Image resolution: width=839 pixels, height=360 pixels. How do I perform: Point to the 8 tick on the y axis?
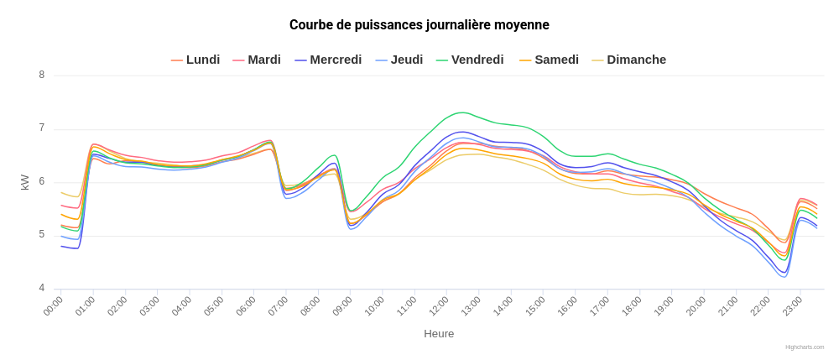41,76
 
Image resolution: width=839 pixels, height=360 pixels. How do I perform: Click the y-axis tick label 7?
41,129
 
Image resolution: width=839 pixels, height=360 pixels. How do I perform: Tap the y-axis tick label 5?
41,236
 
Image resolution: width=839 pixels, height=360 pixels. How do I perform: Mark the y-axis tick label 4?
41,290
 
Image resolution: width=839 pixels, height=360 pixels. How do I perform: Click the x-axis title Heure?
439,334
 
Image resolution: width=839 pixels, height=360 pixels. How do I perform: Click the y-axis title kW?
25,182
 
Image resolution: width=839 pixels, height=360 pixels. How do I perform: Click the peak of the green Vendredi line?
461,112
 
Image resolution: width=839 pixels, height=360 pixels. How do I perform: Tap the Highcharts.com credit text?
805,347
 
